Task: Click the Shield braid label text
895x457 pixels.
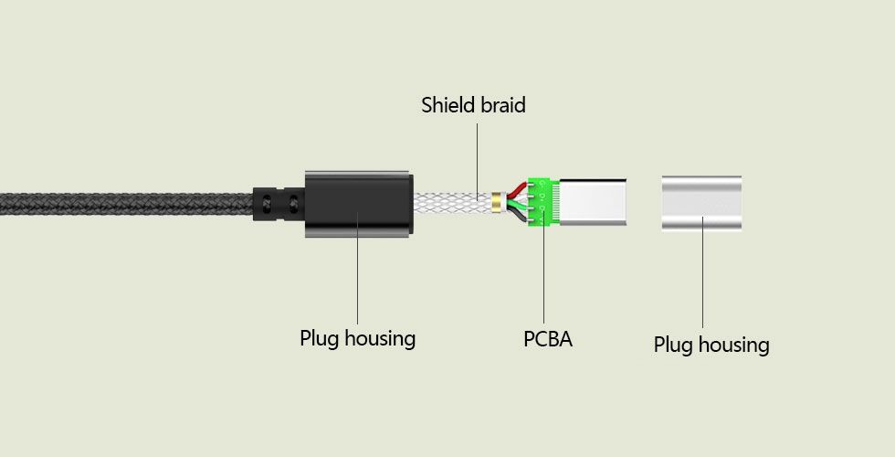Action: pyautogui.click(x=473, y=105)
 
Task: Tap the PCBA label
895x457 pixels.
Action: pyautogui.click(x=548, y=339)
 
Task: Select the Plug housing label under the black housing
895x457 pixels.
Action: pyautogui.click(x=358, y=338)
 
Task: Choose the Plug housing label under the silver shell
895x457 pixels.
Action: pyautogui.click(x=711, y=345)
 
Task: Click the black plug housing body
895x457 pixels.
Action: pyautogui.click(x=358, y=204)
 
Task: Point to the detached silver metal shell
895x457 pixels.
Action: pyautogui.click(x=701, y=203)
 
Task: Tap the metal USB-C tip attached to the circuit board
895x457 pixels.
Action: pyautogui.click(x=593, y=202)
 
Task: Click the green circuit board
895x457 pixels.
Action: pyautogui.click(x=543, y=202)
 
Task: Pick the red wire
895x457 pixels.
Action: pyautogui.click(x=516, y=188)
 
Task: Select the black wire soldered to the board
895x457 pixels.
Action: pyautogui.click(x=517, y=216)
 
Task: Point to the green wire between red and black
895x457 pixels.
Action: pyautogui.click(x=517, y=203)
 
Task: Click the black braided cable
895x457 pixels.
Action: pyautogui.click(x=127, y=204)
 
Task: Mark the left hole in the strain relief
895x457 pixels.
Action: pyautogui.click(x=267, y=203)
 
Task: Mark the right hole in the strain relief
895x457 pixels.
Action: pyautogui.click(x=294, y=203)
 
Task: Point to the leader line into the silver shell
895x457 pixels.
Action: pyautogui.click(x=702, y=272)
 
